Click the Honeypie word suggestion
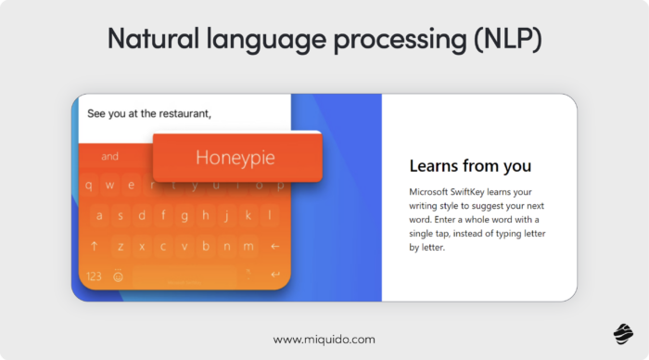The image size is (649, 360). coord(235,158)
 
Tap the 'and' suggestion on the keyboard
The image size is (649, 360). coord(110,157)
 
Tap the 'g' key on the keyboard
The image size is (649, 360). coord(185,215)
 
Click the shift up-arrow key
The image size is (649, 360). coord(94,246)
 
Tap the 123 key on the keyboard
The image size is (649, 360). coord(94,276)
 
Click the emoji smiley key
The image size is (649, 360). coord(119,276)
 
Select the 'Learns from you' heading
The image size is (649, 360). coord(470,166)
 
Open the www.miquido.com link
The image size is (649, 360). coord(324,340)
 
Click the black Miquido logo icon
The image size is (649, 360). coord(621,334)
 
